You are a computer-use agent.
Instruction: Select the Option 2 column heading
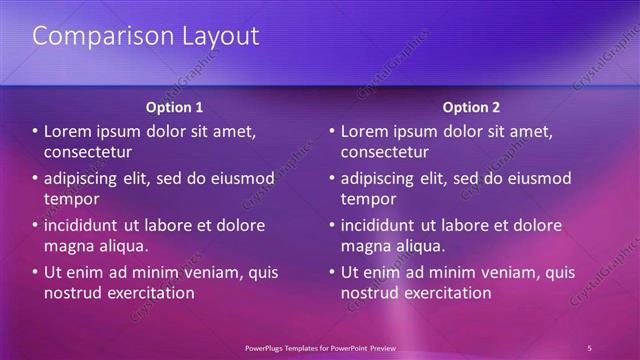tap(471, 107)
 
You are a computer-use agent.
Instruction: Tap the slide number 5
tap(589, 347)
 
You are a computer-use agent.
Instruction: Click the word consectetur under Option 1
tap(88, 152)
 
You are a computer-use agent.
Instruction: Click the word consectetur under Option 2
tap(385, 152)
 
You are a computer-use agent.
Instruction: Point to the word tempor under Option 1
tap(69, 199)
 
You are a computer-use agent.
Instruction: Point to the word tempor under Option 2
tap(366, 199)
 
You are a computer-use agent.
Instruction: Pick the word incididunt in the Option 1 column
tap(85, 225)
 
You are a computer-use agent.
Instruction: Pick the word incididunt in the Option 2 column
tap(382, 225)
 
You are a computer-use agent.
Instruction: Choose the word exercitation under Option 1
tap(146, 293)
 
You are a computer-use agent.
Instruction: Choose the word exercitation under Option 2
tap(443, 293)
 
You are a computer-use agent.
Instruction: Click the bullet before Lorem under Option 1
tap(35, 132)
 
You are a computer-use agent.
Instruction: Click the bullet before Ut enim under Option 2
tap(332, 272)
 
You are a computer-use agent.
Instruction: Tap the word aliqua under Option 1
tap(123, 246)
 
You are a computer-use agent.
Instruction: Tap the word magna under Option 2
tap(366, 246)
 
